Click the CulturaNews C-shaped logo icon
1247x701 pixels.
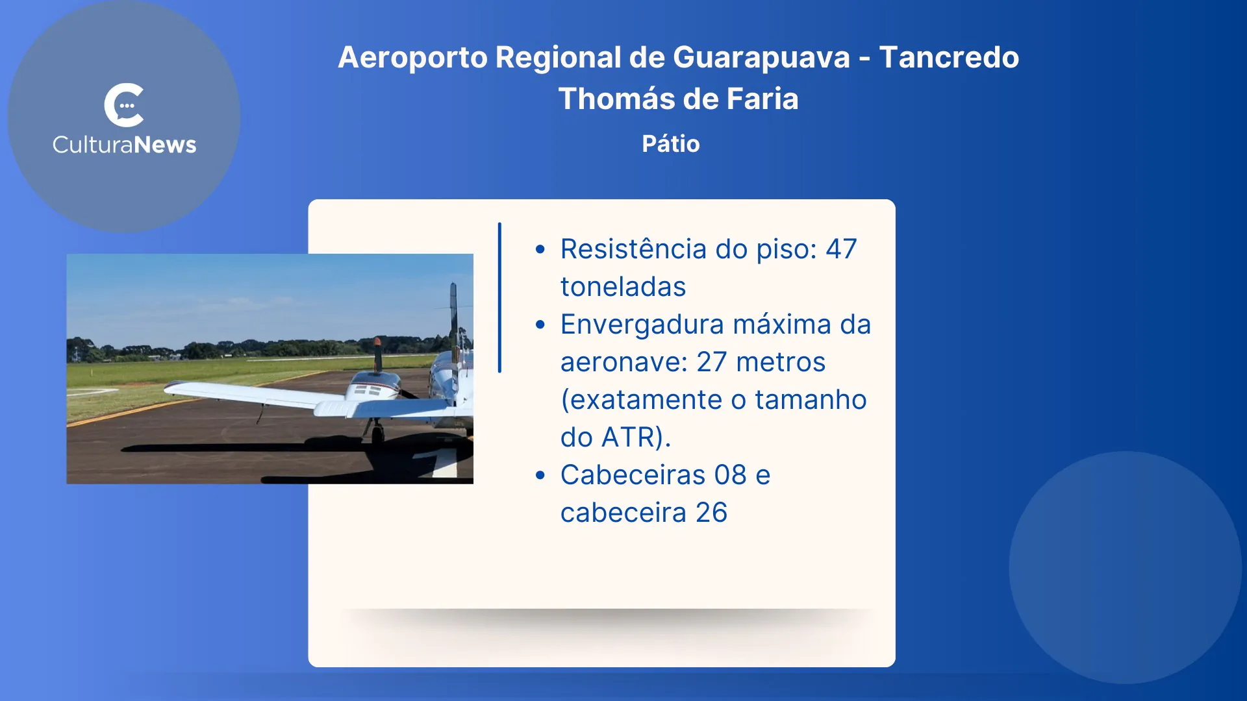point(123,105)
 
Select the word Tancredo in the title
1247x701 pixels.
point(949,57)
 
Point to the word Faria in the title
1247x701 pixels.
point(762,99)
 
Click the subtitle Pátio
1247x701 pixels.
point(671,143)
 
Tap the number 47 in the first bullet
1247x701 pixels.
point(841,249)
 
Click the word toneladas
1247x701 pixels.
point(623,287)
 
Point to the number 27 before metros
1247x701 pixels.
point(712,362)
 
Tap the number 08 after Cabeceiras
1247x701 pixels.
point(731,475)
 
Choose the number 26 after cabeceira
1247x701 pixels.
point(712,513)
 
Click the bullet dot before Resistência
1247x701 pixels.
point(540,249)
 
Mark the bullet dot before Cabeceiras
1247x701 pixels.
point(540,475)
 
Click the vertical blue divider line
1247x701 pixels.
point(499,297)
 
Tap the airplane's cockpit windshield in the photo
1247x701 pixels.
point(368,390)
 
